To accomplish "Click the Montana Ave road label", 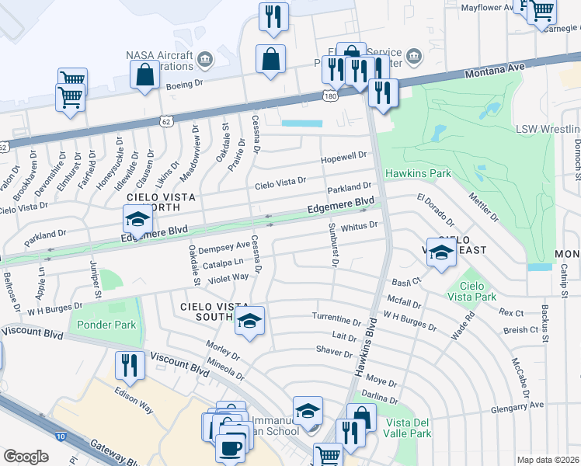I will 495,71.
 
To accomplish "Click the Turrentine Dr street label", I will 336,319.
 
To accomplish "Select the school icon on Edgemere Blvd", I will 137,220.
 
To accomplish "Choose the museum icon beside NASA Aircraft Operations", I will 205,59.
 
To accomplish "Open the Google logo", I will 26,456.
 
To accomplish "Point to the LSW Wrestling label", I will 548,128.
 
